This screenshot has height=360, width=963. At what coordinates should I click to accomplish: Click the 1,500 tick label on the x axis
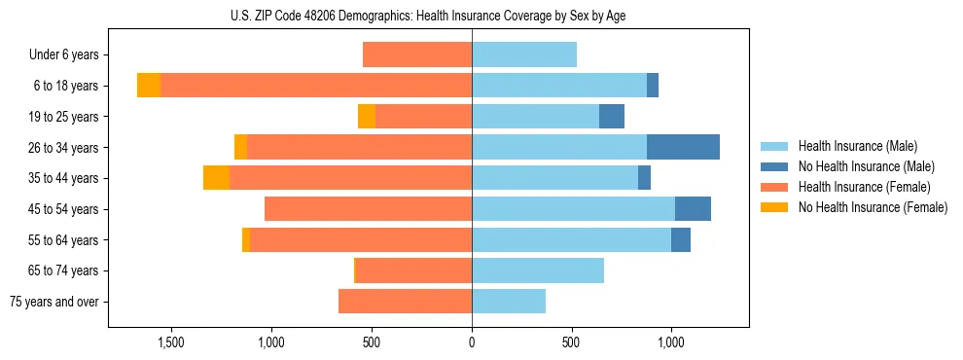170,342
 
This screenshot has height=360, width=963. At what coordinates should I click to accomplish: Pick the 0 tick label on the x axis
472,342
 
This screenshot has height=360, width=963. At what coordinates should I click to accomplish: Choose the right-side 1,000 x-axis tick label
671,342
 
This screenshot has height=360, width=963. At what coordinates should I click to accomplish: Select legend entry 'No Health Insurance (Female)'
873,207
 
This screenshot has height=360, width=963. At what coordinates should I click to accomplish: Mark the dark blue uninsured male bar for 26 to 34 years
683,147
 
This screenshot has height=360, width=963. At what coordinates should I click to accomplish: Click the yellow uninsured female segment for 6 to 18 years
149,86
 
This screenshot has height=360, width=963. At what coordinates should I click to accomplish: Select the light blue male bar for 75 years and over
509,302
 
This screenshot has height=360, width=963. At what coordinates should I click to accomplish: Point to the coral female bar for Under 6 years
417,54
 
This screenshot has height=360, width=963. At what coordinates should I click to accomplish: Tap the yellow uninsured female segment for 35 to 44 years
216,178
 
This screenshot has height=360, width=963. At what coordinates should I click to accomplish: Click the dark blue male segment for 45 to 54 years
693,209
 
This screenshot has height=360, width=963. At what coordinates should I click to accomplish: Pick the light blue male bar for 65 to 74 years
538,270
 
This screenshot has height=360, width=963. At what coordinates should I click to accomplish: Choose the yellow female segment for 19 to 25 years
367,117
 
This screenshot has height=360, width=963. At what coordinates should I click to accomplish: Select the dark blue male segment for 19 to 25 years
612,117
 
